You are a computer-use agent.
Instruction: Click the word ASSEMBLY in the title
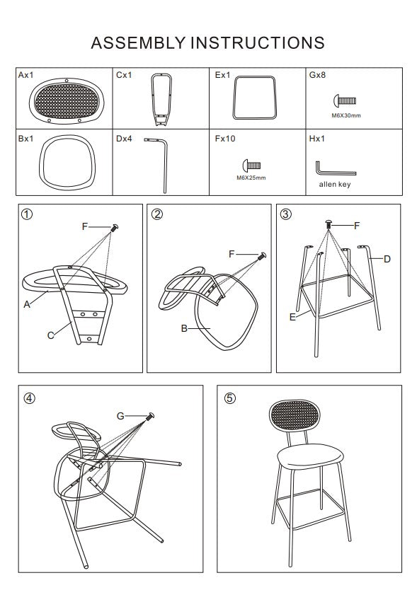point(139,43)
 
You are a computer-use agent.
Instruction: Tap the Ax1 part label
point(25,75)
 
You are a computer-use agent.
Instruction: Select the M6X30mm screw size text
point(345,115)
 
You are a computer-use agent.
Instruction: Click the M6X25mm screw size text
point(251,178)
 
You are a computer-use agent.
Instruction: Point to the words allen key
point(334,185)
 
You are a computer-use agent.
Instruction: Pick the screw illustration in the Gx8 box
point(344,100)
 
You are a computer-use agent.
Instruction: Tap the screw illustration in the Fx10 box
point(251,165)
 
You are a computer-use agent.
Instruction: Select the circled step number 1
point(27,214)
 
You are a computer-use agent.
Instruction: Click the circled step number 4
point(29,398)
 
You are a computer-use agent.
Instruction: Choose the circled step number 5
point(229,398)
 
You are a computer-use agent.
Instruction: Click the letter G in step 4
point(120,416)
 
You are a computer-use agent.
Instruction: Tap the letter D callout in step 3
point(387,259)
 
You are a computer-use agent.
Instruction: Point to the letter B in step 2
point(184,328)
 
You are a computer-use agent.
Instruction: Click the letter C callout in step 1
point(50,335)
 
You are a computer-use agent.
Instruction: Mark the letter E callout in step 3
point(292,317)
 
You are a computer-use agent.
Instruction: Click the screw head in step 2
point(263,256)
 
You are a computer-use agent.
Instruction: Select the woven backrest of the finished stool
point(295,417)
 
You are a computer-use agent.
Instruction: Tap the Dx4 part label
point(124,139)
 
